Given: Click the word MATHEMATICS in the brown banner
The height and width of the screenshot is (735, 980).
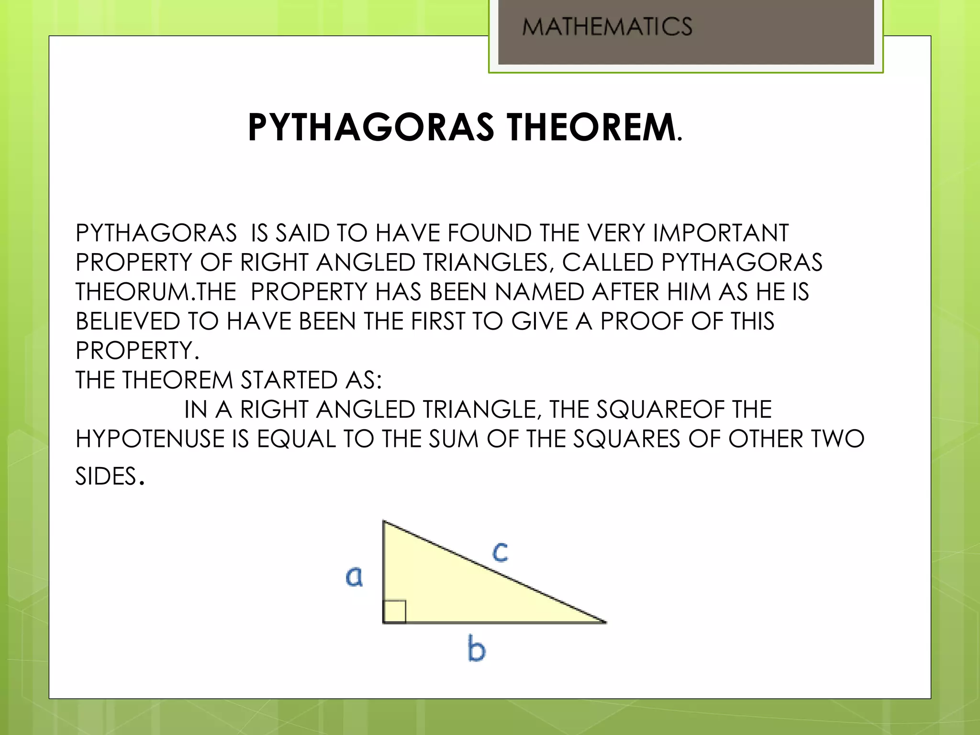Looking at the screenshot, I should tap(607, 26).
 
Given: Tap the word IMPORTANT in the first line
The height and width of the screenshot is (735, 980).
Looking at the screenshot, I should tap(721, 234).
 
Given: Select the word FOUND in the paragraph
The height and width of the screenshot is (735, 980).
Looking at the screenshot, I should tap(489, 234).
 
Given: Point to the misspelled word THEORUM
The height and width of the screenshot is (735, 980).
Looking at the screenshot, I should tap(133, 292).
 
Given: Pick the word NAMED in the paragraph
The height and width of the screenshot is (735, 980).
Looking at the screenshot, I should tap(539, 292).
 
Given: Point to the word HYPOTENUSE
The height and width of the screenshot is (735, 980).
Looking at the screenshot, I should tap(150, 439).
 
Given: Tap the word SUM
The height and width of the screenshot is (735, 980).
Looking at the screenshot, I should tap(453, 439).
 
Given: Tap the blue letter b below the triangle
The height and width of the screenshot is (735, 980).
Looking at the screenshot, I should tap(476, 649).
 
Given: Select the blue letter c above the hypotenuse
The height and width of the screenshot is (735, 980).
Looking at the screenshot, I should tap(500, 552).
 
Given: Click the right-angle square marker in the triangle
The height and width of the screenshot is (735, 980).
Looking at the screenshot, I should tap(395, 612).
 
